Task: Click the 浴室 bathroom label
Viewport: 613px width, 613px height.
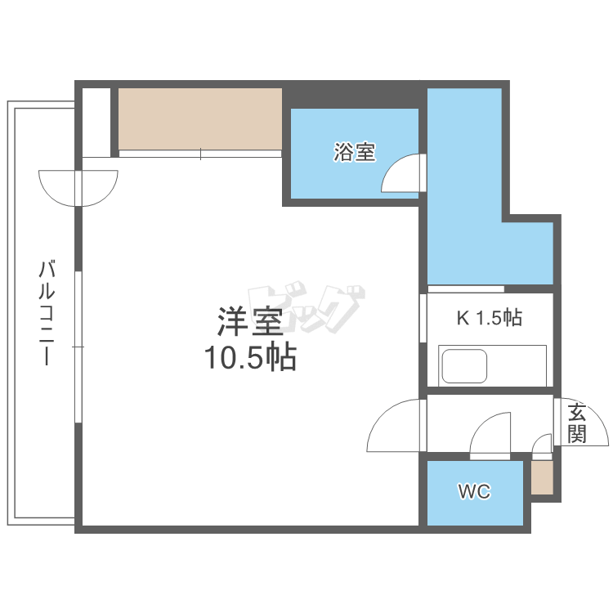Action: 355,151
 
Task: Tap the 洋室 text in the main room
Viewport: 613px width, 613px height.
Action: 250,322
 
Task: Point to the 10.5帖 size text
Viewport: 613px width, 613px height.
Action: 250,357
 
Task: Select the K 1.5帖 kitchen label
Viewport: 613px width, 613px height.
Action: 488,318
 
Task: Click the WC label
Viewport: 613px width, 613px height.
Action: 474,492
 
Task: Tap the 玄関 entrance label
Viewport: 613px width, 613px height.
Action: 577,423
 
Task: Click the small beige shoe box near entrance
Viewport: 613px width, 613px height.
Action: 541,477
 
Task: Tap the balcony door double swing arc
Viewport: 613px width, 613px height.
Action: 78,187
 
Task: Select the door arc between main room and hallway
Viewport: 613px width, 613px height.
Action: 395,425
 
